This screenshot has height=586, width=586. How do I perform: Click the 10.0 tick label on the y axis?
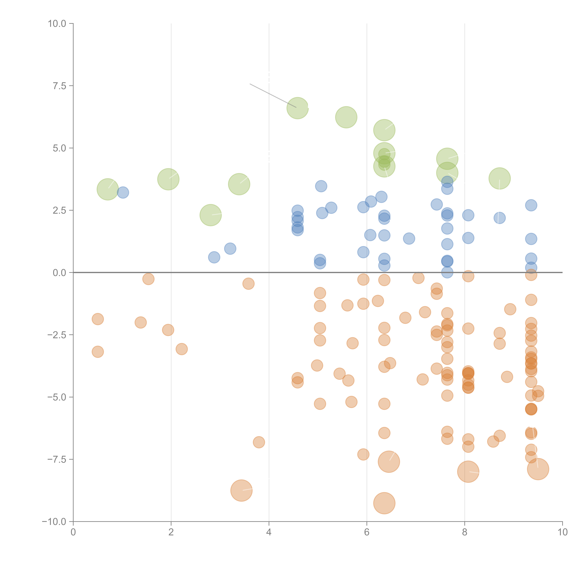pos(57,24)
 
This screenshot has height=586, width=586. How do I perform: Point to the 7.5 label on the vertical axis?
pos(59,86)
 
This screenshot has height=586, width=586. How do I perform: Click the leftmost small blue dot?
pos(123,192)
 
